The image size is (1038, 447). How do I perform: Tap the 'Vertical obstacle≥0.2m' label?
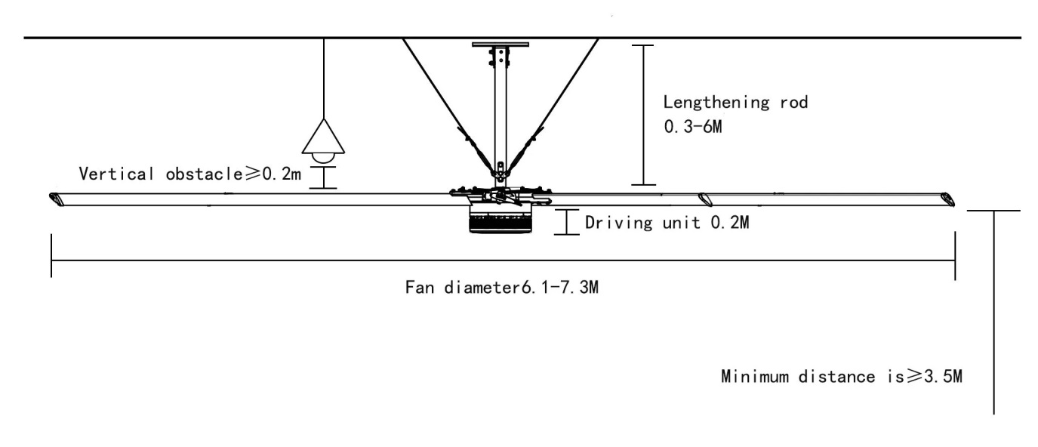point(190,174)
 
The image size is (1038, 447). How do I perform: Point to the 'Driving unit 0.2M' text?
point(667,223)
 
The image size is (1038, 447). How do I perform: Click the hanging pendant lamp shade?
point(324,137)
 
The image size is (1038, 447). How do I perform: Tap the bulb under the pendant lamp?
point(324,159)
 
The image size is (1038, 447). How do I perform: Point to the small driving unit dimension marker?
point(567,222)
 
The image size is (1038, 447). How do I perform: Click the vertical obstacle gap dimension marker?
point(324,177)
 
